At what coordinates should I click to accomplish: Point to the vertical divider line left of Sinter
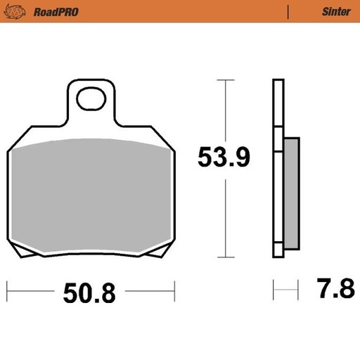point(288,11)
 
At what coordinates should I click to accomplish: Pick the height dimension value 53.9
point(224,159)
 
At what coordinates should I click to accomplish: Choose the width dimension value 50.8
point(90,291)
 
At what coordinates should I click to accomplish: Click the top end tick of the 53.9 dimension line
point(224,80)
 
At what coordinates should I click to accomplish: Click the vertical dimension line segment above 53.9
point(224,112)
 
